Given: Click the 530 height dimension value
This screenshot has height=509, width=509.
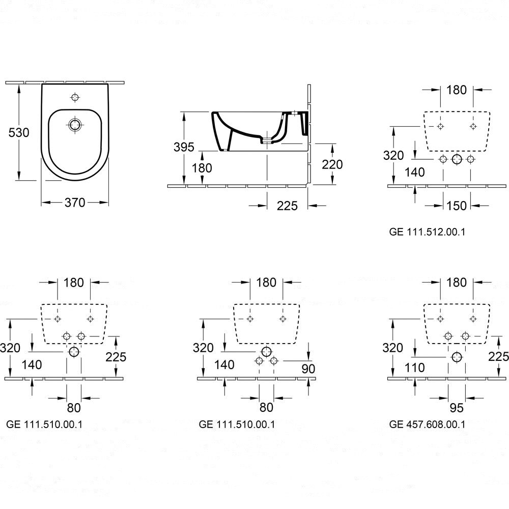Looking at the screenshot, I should click(x=19, y=132).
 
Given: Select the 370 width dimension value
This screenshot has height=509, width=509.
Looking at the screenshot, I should click(x=74, y=203).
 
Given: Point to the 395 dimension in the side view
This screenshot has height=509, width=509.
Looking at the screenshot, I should click(x=184, y=147).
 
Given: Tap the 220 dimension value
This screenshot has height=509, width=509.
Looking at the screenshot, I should click(x=332, y=164).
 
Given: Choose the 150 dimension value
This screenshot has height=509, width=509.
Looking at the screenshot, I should click(x=457, y=206).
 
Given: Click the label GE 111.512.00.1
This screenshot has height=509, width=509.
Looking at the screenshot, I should click(x=427, y=232).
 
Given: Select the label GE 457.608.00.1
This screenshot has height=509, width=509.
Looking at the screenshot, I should click(x=427, y=423).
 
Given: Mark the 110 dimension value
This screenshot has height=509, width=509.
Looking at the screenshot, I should click(x=415, y=367).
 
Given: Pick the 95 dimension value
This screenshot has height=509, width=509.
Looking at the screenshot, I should click(x=457, y=408).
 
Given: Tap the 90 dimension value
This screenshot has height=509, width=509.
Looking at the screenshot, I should click(x=308, y=368).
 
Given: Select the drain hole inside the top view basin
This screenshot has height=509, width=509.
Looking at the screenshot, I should click(x=75, y=124).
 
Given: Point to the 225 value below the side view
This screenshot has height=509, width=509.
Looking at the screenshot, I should click(x=288, y=206).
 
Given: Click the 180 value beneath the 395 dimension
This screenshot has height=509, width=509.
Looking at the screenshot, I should click(x=203, y=167).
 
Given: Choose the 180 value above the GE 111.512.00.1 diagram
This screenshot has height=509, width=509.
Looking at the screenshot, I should click(x=457, y=90).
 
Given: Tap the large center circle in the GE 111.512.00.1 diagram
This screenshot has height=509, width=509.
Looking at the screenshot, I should click(x=457, y=159).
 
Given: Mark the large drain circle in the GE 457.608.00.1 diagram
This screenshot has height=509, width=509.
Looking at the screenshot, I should click(x=457, y=357).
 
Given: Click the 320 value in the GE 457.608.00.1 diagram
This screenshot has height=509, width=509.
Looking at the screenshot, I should click(x=393, y=348).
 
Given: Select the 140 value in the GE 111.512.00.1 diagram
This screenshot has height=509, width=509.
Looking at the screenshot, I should click(x=415, y=173).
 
